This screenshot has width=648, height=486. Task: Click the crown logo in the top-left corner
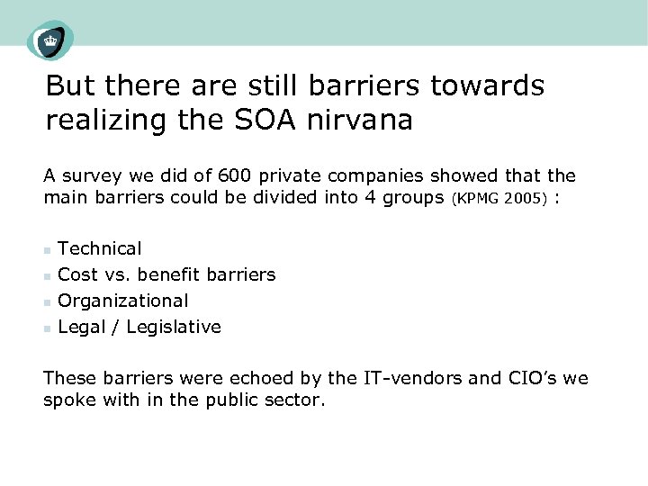pos(49,40)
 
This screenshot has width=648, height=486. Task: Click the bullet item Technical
pos(99,248)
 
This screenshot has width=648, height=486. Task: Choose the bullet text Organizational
pos(122,301)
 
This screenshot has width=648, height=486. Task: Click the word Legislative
pos(174,327)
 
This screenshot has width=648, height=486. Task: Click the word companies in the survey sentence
pos(352,176)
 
